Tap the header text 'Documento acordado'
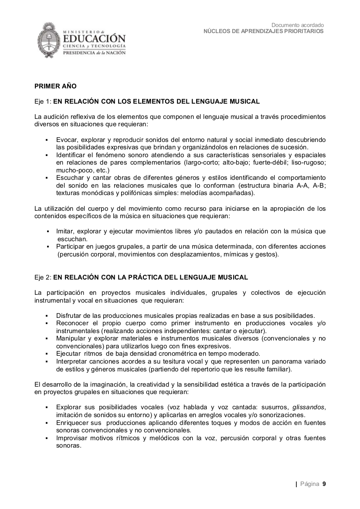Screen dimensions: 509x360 pyautogui.click(x=298, y=25)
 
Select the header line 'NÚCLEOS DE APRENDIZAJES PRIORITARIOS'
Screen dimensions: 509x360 pyautogui.click(x=264, y=31)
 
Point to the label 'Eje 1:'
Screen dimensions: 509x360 pyautogui.click(x=43, y=101)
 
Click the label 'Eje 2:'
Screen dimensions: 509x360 pyautogui.click(x=43, y=277)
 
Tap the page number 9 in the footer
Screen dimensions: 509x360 pyautogui.click(x=324, y=484)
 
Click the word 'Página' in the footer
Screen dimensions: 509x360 pyautogui.click(x=309, y=484)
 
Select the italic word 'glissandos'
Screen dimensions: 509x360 pyautogui.click(x=309, y=407)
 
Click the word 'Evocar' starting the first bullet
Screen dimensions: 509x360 pyautogui.click(x=67, y=139)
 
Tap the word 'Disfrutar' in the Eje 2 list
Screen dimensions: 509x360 pyautogui.click(x=70, y=315)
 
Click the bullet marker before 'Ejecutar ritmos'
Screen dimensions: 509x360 pyautogui.click(x=46, y=354)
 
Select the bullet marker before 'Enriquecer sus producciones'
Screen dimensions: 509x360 pyautogui.click(x=46, y=423)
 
